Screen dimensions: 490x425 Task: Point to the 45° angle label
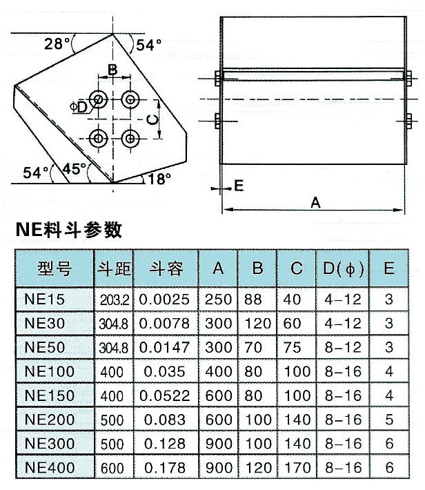coord(75,168)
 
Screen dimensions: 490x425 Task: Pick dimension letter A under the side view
coord(315,202)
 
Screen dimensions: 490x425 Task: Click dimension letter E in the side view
coord(239,185)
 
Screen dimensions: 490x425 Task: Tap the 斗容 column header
coord(166,268)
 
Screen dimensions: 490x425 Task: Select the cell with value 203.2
coord(114,300)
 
